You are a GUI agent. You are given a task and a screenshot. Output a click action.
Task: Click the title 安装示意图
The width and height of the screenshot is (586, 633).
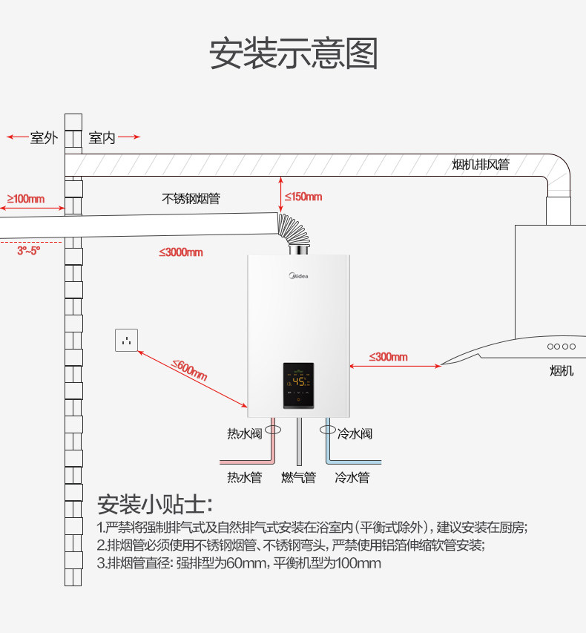(294, 54)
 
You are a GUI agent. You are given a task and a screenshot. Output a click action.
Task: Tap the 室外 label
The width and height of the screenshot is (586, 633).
(43, 138)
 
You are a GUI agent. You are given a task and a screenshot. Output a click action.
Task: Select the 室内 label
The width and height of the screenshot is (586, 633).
(102, 138)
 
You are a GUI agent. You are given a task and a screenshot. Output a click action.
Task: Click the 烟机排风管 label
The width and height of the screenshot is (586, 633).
(481, 164)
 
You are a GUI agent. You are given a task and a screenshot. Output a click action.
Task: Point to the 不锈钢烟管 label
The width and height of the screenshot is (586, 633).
(191, 199)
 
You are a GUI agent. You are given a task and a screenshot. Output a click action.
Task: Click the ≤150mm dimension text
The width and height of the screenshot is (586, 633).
(303, 197)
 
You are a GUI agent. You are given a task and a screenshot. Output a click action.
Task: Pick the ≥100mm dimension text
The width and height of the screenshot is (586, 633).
(26, 199)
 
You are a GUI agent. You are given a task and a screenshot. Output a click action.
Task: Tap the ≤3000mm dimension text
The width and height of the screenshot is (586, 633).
(180, 252)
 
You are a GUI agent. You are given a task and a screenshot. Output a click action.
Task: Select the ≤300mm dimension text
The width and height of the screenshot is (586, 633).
(388, 357)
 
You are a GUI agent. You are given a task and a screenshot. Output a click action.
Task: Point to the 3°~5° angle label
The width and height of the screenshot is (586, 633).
(29, 251)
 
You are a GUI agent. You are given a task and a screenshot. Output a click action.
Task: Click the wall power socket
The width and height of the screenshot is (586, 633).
(126, 340)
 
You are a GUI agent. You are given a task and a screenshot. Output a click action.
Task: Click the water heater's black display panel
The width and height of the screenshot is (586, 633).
(297, 385)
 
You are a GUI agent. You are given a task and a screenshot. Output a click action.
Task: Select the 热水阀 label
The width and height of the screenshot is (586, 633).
(244, 433)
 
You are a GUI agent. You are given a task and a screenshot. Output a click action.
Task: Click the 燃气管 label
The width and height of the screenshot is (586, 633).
(298, 477)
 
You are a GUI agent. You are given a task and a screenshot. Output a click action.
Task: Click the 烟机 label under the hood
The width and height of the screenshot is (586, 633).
(562, 370)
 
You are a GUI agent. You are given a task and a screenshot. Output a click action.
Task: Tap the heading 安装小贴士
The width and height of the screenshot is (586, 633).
(154, 505)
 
